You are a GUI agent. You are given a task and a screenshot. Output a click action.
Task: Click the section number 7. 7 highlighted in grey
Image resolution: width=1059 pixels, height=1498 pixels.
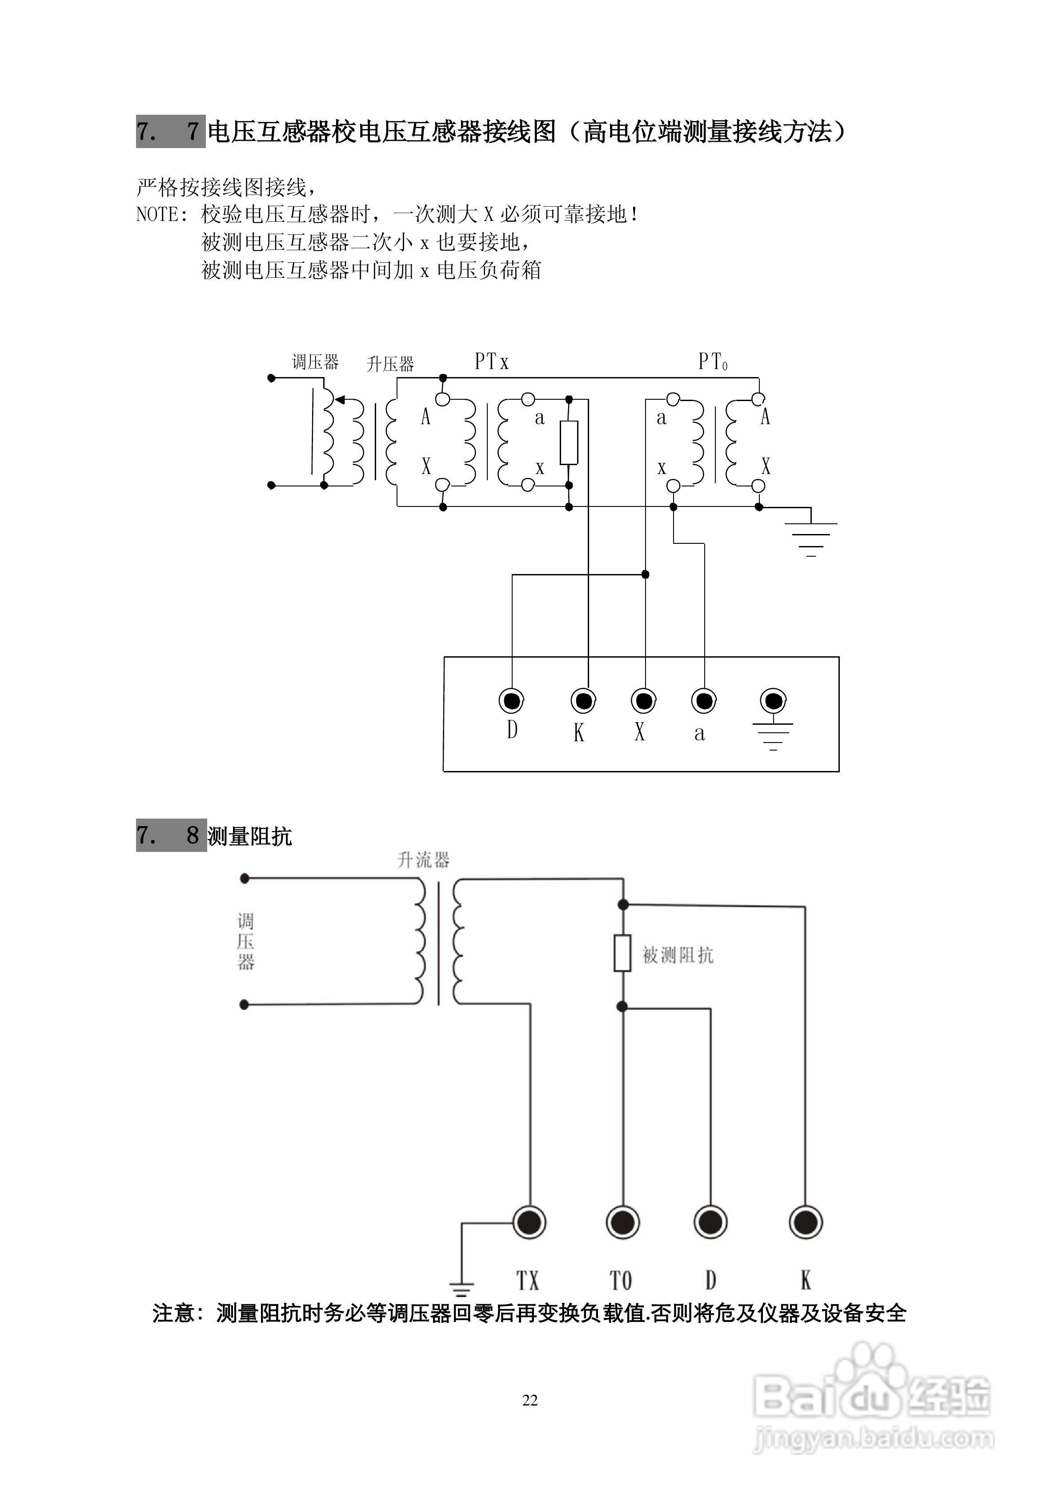click(x=170, y=132)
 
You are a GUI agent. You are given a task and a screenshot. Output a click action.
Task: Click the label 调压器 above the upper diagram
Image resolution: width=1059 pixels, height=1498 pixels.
click(x=315, y=362)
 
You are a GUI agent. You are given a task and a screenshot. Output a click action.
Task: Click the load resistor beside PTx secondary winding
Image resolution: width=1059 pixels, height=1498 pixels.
click(x=569, y=442)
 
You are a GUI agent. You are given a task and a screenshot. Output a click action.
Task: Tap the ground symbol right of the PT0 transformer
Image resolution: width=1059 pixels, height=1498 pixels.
click(x=810, y=532)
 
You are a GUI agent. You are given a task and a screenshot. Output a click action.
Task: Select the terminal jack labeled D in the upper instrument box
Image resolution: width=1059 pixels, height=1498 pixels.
click(x=512, y=701)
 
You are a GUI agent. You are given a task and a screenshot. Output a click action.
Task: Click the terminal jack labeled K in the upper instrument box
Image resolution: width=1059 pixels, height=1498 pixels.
click(x=583, y=701)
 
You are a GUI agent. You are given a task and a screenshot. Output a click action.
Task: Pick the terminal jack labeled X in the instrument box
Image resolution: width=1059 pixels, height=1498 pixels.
click(x=644, y=701)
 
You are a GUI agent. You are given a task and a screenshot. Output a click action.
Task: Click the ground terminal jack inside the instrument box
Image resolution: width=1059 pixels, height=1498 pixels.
click(x=773, y=701)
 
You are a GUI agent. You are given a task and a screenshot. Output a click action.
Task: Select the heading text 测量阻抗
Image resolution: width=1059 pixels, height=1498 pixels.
click(x=249, y=836)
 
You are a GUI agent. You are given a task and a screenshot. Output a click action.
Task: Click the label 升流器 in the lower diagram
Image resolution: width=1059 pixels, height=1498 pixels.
click(x=424, y=860)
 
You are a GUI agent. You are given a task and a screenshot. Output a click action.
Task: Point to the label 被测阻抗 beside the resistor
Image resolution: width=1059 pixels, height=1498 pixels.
click(x=678, y=955)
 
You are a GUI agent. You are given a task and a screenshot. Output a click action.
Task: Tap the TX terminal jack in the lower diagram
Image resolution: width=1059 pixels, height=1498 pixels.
click(x=529, y=1222)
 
